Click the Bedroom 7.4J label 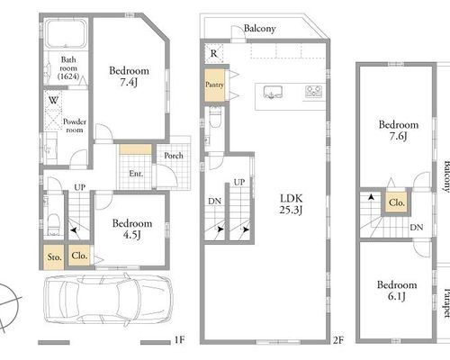(129, 76)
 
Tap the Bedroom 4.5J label (132, 229)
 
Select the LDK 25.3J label (291, 204)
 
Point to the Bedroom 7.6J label (399, 130)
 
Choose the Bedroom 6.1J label (397, 291)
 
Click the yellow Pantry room (214, 85)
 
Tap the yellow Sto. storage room (54, 257)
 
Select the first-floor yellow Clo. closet (79, 256)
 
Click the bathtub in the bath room (66, 33)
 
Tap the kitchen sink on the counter (273, 92)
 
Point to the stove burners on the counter (314, 92)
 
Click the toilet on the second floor (215, 117)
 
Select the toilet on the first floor (54, 224)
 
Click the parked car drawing (108, 300)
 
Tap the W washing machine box (53, 111)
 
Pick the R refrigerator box (214, 53)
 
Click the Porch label (174, 156)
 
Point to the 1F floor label (180, 340)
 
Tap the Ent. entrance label (136, 174)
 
